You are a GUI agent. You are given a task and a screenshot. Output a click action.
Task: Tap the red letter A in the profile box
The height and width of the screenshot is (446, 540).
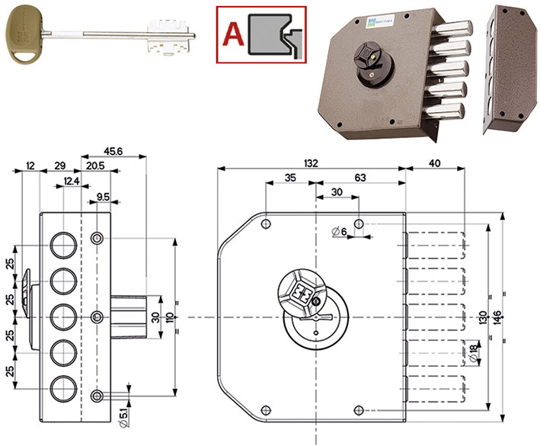(235, 31)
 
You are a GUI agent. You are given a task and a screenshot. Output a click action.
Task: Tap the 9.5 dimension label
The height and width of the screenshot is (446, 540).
(104, 198)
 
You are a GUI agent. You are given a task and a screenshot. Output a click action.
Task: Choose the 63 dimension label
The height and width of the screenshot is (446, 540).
(359, 178)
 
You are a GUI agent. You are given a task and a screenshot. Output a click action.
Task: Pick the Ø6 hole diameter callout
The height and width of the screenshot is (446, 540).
(340, 231)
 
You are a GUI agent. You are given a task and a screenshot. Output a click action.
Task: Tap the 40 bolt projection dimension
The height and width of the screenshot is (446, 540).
(434, 162)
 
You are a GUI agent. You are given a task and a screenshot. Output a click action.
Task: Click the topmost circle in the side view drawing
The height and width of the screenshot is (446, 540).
(62, 245)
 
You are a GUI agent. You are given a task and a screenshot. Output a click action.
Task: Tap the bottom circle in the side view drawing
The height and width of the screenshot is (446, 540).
(62, 388)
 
